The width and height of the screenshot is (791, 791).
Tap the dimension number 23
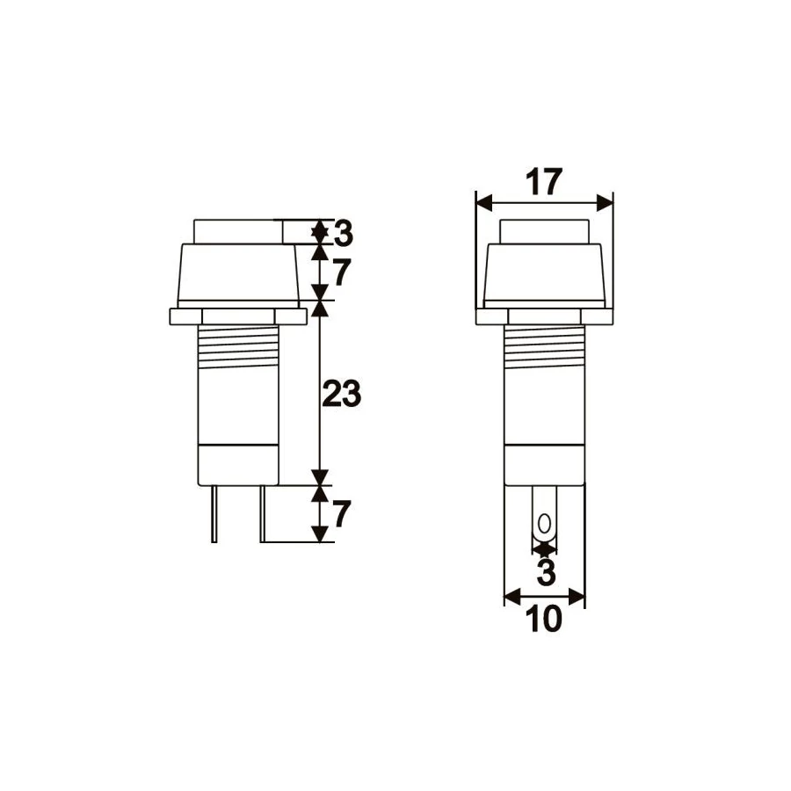coord(342,394)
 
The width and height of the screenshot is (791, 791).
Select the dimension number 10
coord(543,619)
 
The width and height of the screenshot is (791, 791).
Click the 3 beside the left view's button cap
coord(344,234)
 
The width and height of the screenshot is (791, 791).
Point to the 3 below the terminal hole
coord(545,572)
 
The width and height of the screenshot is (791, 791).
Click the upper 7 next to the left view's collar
coord(342,273)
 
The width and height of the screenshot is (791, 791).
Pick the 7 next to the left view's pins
coord(342,514)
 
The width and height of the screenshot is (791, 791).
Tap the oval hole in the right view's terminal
coord(544,524)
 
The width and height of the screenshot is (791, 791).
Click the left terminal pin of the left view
coord(214,514)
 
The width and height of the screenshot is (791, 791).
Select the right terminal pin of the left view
coord(262,514)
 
